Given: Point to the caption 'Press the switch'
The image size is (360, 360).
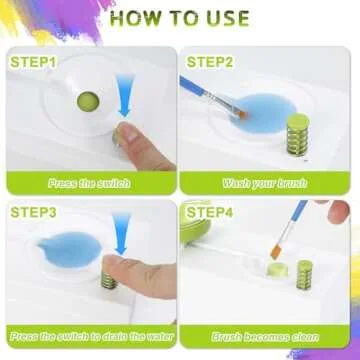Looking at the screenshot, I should point(88,184).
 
